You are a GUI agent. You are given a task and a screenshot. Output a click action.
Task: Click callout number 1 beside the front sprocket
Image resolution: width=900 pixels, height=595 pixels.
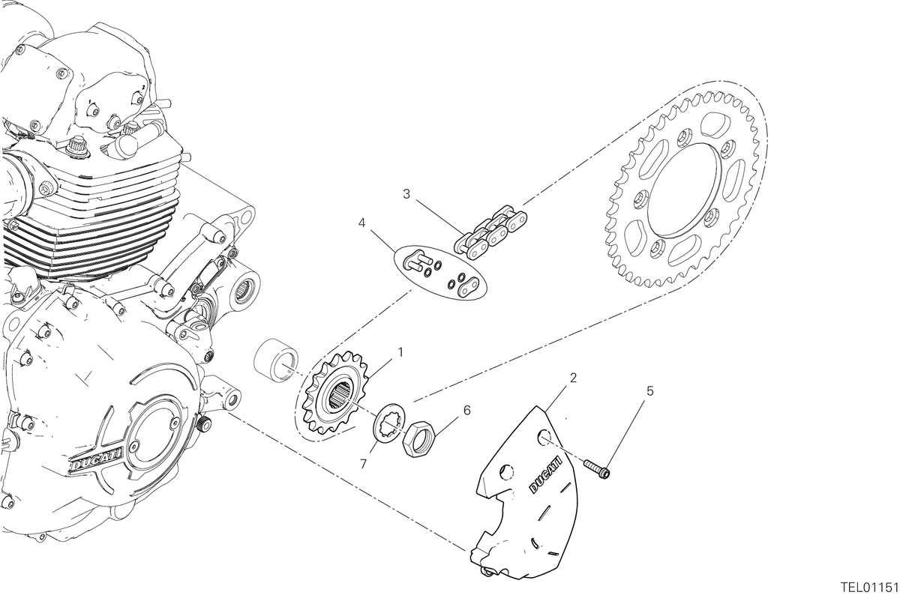400,352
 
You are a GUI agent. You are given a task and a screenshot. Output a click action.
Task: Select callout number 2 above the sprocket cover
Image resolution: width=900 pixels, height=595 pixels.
573,378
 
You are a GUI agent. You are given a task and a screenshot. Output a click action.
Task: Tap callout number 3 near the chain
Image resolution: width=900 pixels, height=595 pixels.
406,194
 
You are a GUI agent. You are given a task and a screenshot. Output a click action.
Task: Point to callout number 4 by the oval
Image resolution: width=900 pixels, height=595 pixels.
361,223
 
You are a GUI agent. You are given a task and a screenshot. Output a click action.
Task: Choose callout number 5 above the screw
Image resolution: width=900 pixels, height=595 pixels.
650,390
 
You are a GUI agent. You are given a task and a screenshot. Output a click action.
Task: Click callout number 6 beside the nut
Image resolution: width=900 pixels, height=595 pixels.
466,411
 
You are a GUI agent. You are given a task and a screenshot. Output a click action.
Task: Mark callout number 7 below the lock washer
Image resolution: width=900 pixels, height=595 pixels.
363,464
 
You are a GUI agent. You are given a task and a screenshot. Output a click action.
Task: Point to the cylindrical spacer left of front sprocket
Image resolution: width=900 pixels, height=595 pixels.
276,360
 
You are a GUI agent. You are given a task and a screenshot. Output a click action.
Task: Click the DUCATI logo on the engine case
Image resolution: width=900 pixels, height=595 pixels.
96,459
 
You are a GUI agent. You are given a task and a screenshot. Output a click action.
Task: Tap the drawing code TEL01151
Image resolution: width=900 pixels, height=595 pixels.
871,588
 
